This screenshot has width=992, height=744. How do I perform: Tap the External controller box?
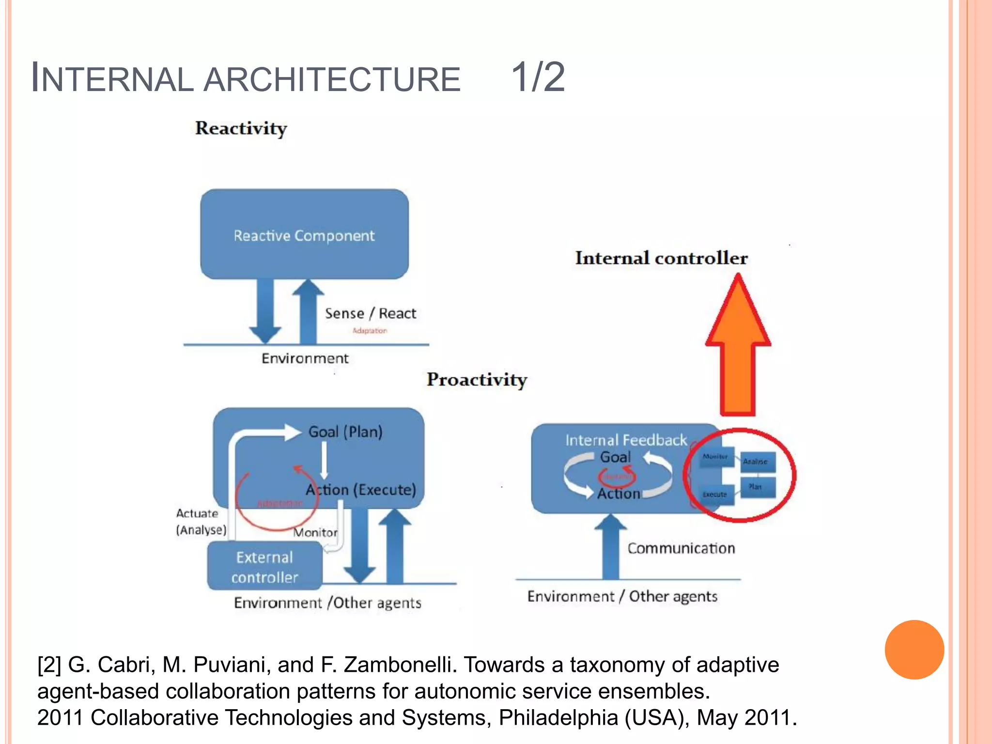point(264,566)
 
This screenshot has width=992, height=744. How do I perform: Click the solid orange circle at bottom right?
point(914,650)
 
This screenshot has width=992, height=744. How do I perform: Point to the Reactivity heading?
point(241,128)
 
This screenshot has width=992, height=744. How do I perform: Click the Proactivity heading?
point(477,379)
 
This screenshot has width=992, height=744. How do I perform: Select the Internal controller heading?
point(661,258)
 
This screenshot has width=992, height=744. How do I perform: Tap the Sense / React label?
point(371,313)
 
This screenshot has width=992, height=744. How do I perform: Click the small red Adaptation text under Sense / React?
point(370,331)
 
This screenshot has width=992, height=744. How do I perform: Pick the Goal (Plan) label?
point(345,432)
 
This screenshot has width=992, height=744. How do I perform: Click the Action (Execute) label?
point(361,490)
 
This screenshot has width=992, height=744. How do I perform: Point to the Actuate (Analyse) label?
point(201,522)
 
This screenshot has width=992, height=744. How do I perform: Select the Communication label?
point(681,548)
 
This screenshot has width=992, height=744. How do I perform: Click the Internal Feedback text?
point(626,440)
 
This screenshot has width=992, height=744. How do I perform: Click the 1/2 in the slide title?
point(538,77)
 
